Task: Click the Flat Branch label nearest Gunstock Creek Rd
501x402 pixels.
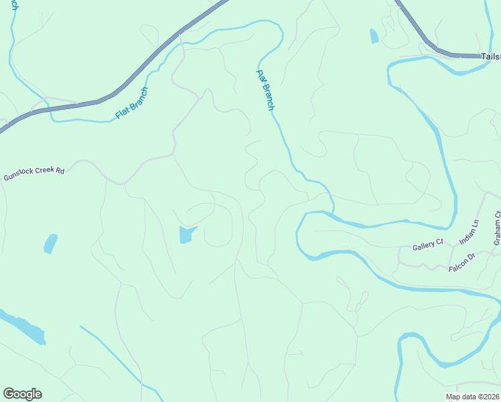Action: click(x=131, y=103)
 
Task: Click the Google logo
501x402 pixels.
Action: click(x=23, y=394)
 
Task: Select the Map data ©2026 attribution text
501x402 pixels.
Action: click(x=472, y=397)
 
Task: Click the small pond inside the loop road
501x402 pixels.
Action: click(x=187, y=234)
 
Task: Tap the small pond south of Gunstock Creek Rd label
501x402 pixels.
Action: click(x=50, y=243)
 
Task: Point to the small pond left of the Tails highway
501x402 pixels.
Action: click(x=374, y=36)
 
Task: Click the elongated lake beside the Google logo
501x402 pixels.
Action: click(x=23, y=328)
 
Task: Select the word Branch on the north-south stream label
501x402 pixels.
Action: click(x=268, y=96)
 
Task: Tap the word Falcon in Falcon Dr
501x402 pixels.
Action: click(x=456, y=268)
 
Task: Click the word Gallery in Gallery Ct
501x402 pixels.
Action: click(x=423, y=247)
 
